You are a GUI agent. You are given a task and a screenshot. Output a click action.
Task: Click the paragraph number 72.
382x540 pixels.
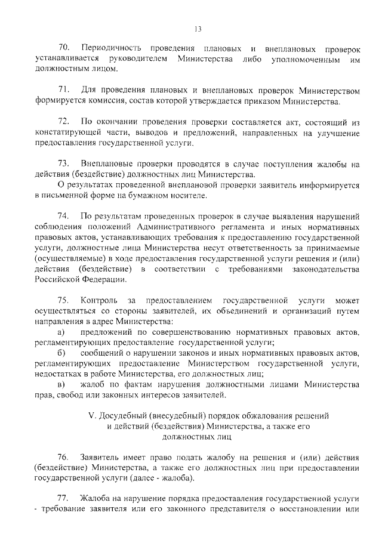(64, 122)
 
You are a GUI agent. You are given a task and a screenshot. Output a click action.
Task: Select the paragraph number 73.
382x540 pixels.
(64, 163)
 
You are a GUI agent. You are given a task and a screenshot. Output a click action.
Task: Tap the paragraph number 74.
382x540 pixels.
(64, 215)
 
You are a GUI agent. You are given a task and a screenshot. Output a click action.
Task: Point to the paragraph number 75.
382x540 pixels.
(64, 300)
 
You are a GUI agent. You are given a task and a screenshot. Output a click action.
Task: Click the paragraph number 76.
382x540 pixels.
(64, 458)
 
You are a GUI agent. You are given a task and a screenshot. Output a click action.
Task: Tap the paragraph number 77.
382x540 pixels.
(64, 499)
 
